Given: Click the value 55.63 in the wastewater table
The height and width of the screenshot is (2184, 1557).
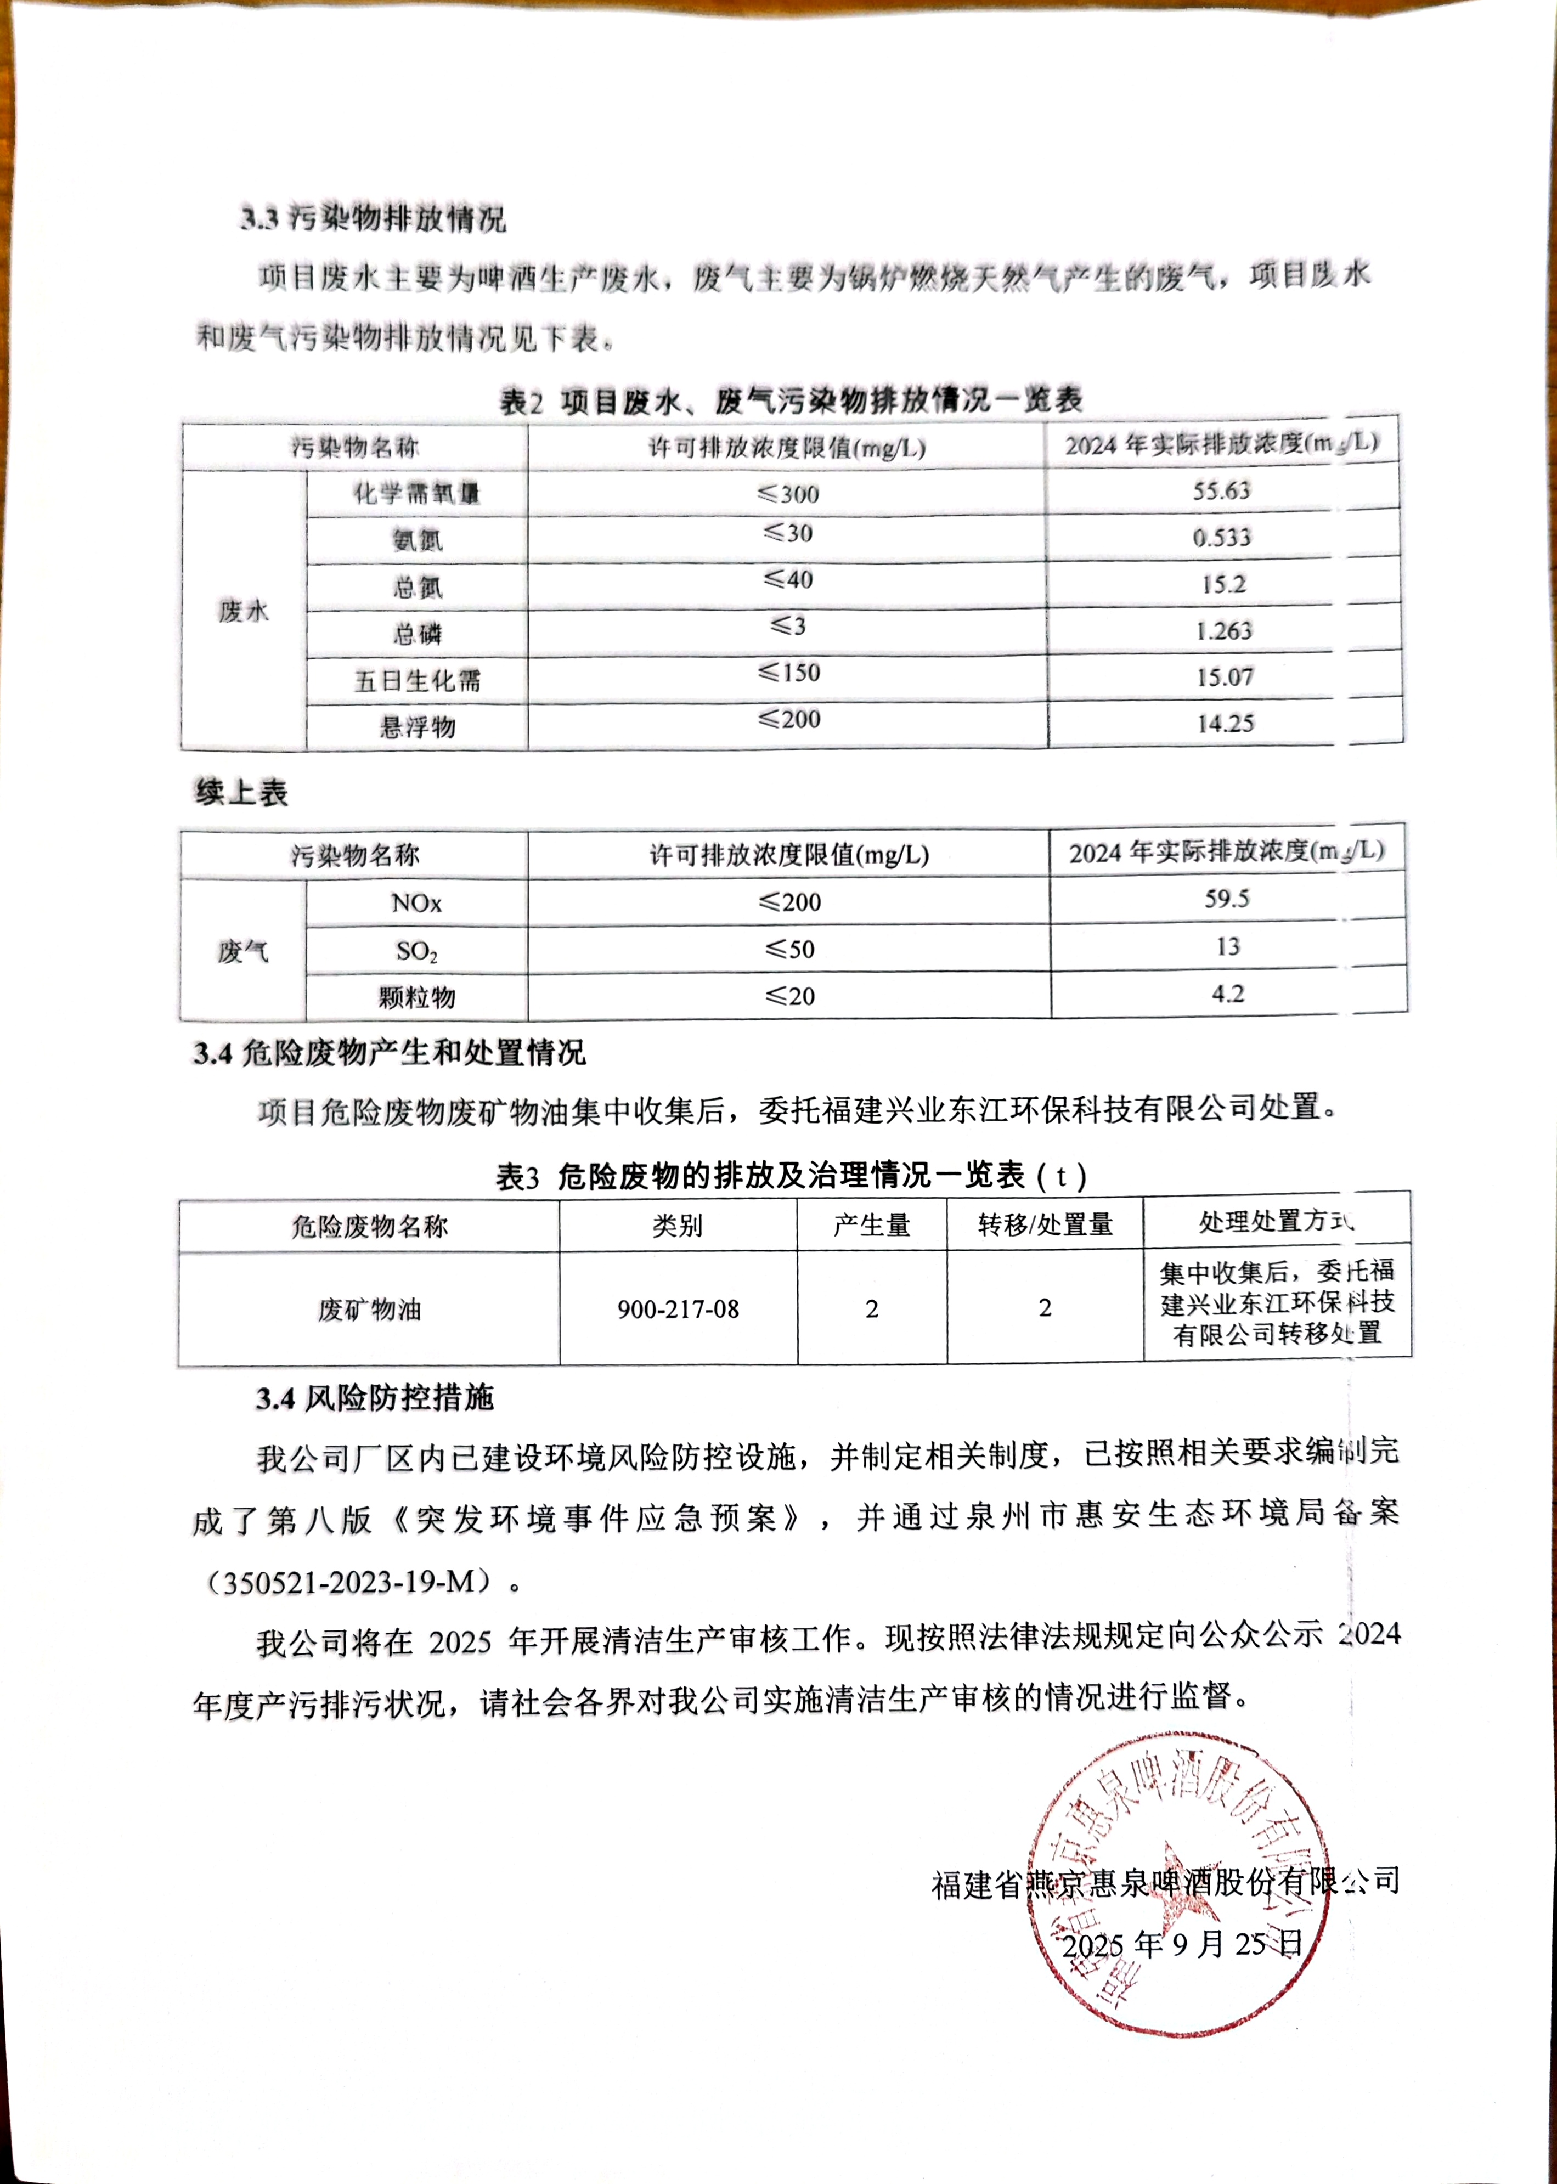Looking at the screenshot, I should click(x=1221, y=491).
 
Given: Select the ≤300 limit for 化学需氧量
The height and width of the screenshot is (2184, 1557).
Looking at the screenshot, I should click(x=788, y=494).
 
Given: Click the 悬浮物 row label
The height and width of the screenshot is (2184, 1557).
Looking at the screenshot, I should click(x=417, y=727).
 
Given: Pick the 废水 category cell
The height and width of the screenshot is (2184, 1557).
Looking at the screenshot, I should click(x=244, y=611).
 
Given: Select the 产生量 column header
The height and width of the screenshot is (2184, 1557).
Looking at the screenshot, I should click(x=872, y=1225).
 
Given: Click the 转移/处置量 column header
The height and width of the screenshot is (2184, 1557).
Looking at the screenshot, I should click(x=1045, y=1225).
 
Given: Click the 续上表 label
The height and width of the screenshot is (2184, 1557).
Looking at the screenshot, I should click(x=241, y=793).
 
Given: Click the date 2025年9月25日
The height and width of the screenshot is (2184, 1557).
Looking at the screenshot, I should click(x=1183, y=1944).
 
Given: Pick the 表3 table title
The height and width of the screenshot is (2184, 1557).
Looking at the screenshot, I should click(x=791, y=1176).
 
